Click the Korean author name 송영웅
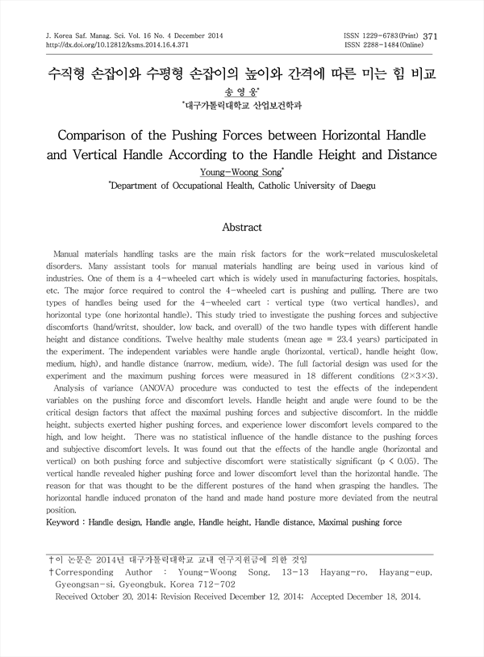tap(241, 92)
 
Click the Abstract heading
tap(241, 228)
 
